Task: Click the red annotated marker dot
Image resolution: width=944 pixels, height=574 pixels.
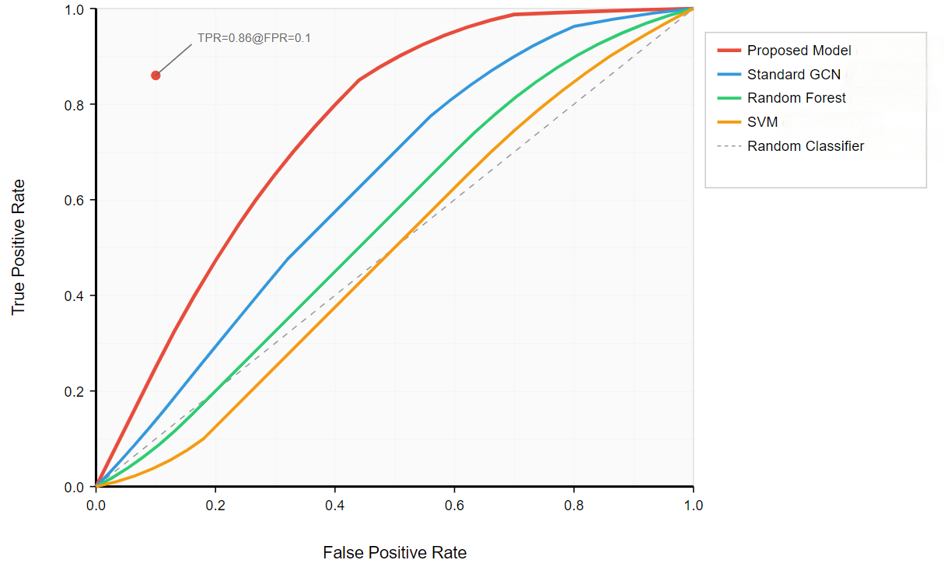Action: click(x=156, y=75)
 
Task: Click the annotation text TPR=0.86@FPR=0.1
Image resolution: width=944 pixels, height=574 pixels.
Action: click(x=254, y=37)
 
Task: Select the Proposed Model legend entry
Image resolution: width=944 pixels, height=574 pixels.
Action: click(x=799, y=51)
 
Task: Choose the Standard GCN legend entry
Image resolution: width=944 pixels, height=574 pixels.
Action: click(x=793, y=75)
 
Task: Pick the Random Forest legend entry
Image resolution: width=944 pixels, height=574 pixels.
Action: click(x=796, y=98)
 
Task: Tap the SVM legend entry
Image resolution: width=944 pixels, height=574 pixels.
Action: click(x=762, y=122)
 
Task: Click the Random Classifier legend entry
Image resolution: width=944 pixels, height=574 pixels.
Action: click(x=805, y=146)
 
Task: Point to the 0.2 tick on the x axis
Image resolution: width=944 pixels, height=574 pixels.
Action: click(x=215, y=505)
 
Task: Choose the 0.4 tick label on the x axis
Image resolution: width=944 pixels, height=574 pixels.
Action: click(x=335, y=505)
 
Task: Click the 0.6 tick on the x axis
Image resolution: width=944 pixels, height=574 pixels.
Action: click(x=454, y=505)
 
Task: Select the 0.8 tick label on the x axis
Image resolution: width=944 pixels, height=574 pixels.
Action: click(x=574, y=505)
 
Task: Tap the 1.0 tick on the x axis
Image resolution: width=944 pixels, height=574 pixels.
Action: click(x=693, y=505)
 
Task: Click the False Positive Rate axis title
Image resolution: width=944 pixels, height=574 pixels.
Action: click(x=394, y=553)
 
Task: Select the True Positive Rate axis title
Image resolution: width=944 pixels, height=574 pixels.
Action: click(x=19, y=247)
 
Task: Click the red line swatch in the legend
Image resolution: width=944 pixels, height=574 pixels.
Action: click(x=729, y=51)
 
